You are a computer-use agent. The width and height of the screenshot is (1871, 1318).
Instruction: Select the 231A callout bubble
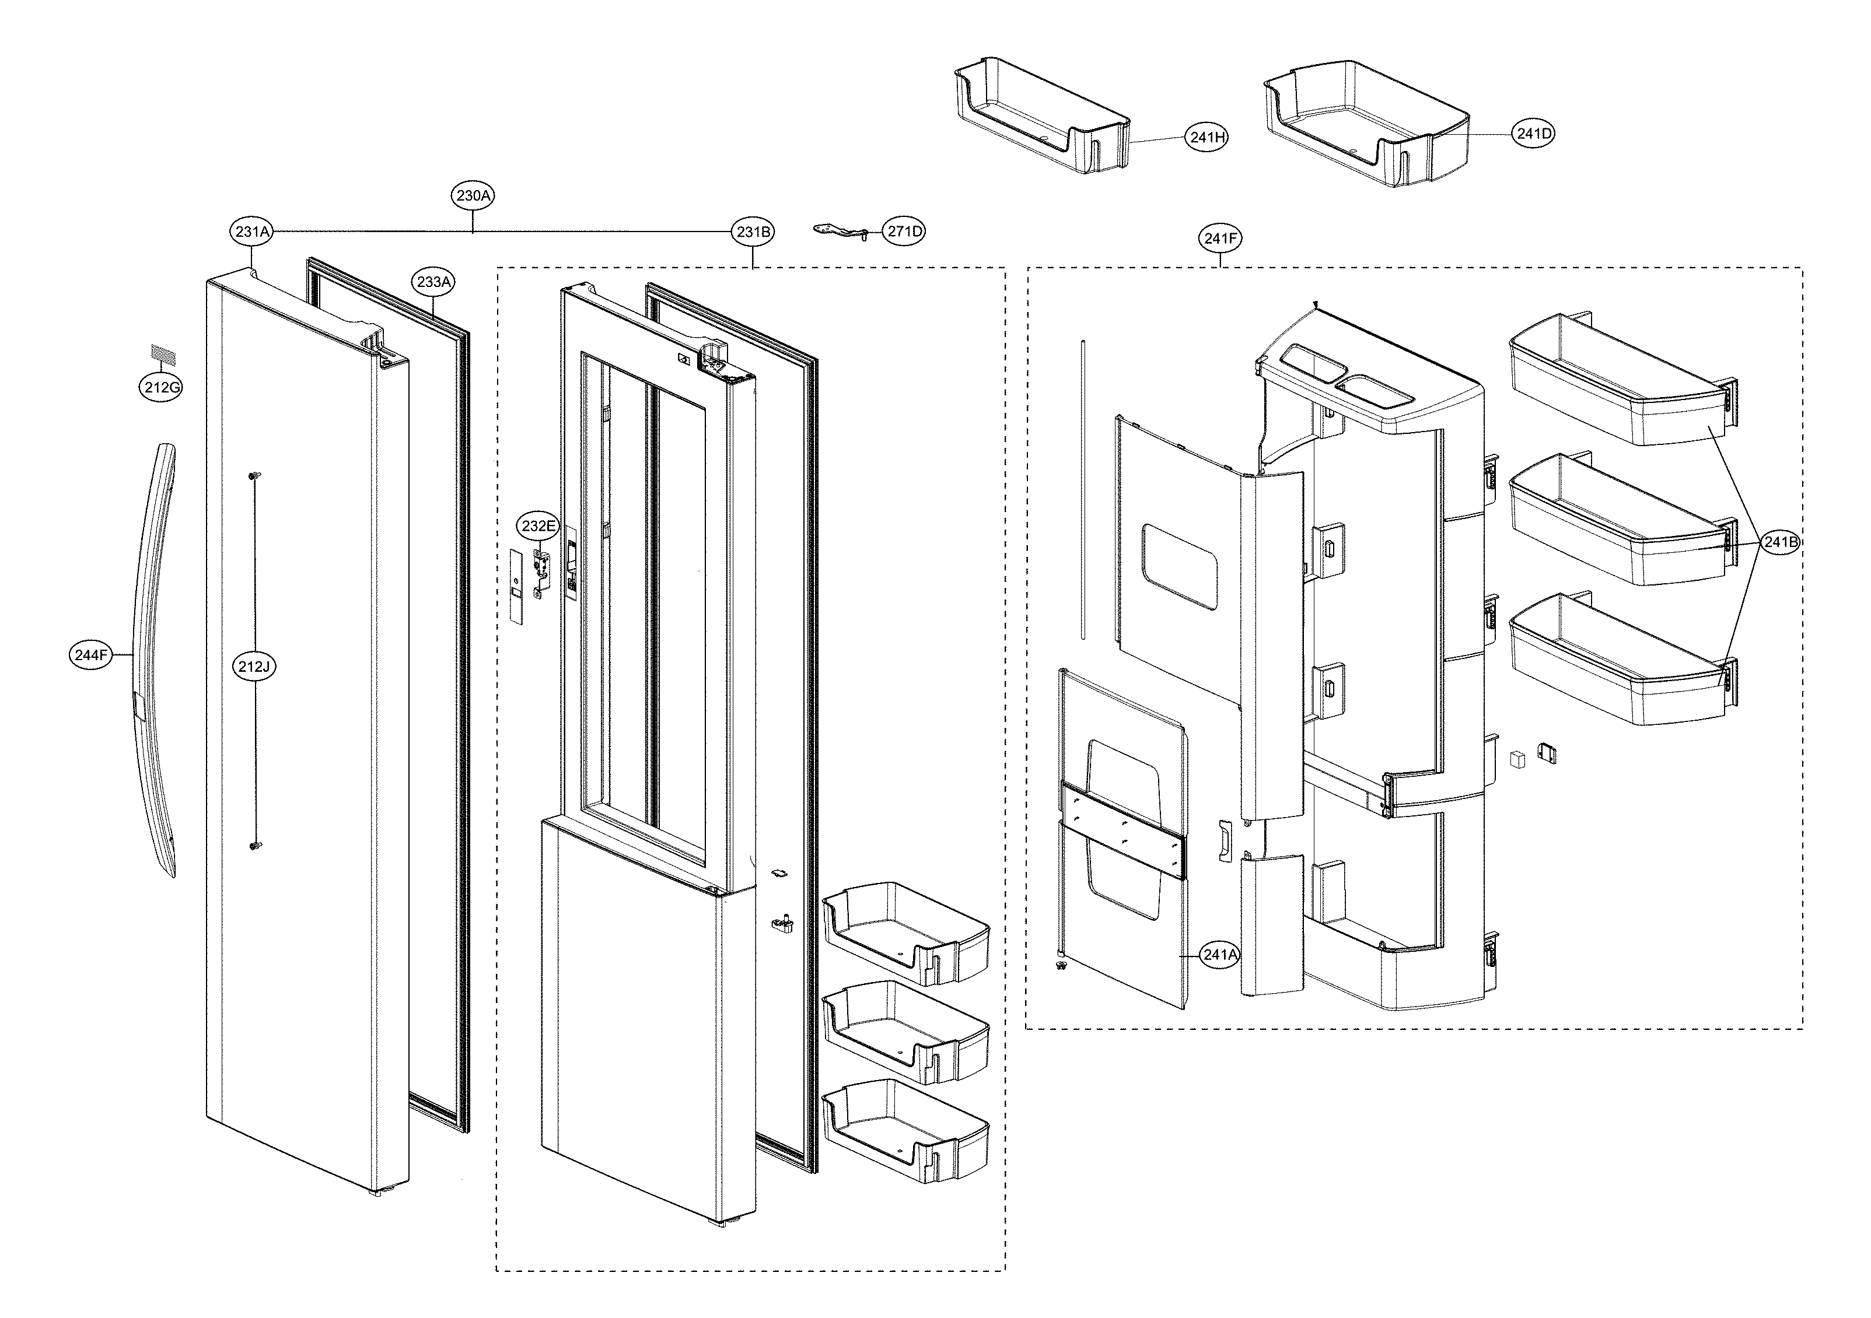pyautogui.click(x=252, y=232)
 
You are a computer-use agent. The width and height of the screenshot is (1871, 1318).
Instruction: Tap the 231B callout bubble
pyautogui.click(x=753, y=232)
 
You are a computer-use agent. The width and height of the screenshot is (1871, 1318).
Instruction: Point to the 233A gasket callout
pyautogui.click(x=433, y=282)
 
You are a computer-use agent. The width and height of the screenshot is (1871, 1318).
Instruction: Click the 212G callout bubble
pyautogui.click(x=160, y=388)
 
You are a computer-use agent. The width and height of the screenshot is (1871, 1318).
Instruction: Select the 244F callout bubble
pyautogui.click(x=90, y=655)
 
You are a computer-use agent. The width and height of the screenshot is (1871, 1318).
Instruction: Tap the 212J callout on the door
pyautogui.click(x=253, y=667)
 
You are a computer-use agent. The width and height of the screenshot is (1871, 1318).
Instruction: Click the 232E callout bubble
pyautogui.click(x=538, y=526)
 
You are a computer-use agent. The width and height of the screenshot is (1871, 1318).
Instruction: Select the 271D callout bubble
pyautogui.click(x=904, y=232)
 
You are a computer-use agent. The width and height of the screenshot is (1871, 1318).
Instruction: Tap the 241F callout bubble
pyautogui.click(x=1220, y=239)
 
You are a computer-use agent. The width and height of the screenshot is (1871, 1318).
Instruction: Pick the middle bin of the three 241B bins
pyautogui.click(x=1618, y=521)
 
